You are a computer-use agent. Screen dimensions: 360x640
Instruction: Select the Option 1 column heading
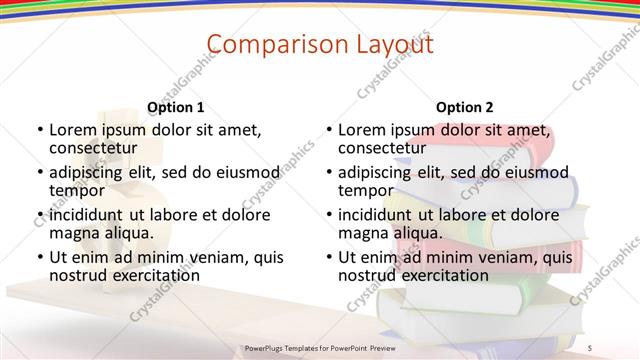point(175,107)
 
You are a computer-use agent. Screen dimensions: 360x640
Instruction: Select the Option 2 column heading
point(465,107)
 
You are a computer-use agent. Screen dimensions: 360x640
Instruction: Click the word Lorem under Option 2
point(362,130)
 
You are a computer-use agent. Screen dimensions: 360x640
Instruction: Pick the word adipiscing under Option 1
point(86,172)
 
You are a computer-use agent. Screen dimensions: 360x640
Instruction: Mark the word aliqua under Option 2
point(417,233)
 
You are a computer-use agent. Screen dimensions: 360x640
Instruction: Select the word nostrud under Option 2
point(367,275)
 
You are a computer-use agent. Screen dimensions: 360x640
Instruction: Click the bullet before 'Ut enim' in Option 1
point(39,257)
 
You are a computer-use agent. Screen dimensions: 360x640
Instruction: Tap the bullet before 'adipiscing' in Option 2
point(329,172)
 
